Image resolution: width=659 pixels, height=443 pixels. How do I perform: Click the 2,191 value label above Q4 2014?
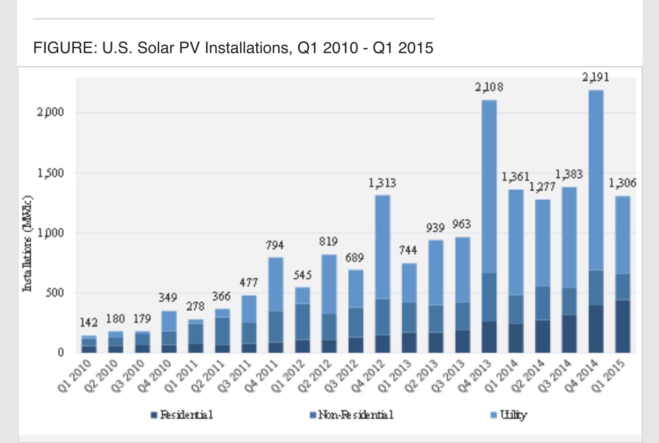tap(595, 78)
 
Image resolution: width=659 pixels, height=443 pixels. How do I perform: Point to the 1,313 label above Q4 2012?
tap(383, 183)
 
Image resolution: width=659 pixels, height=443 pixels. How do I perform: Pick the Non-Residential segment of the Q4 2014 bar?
tap(595, 287)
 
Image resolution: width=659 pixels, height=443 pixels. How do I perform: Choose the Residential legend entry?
tap(183, 415)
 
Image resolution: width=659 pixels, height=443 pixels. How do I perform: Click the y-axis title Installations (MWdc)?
tap(28, 244)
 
